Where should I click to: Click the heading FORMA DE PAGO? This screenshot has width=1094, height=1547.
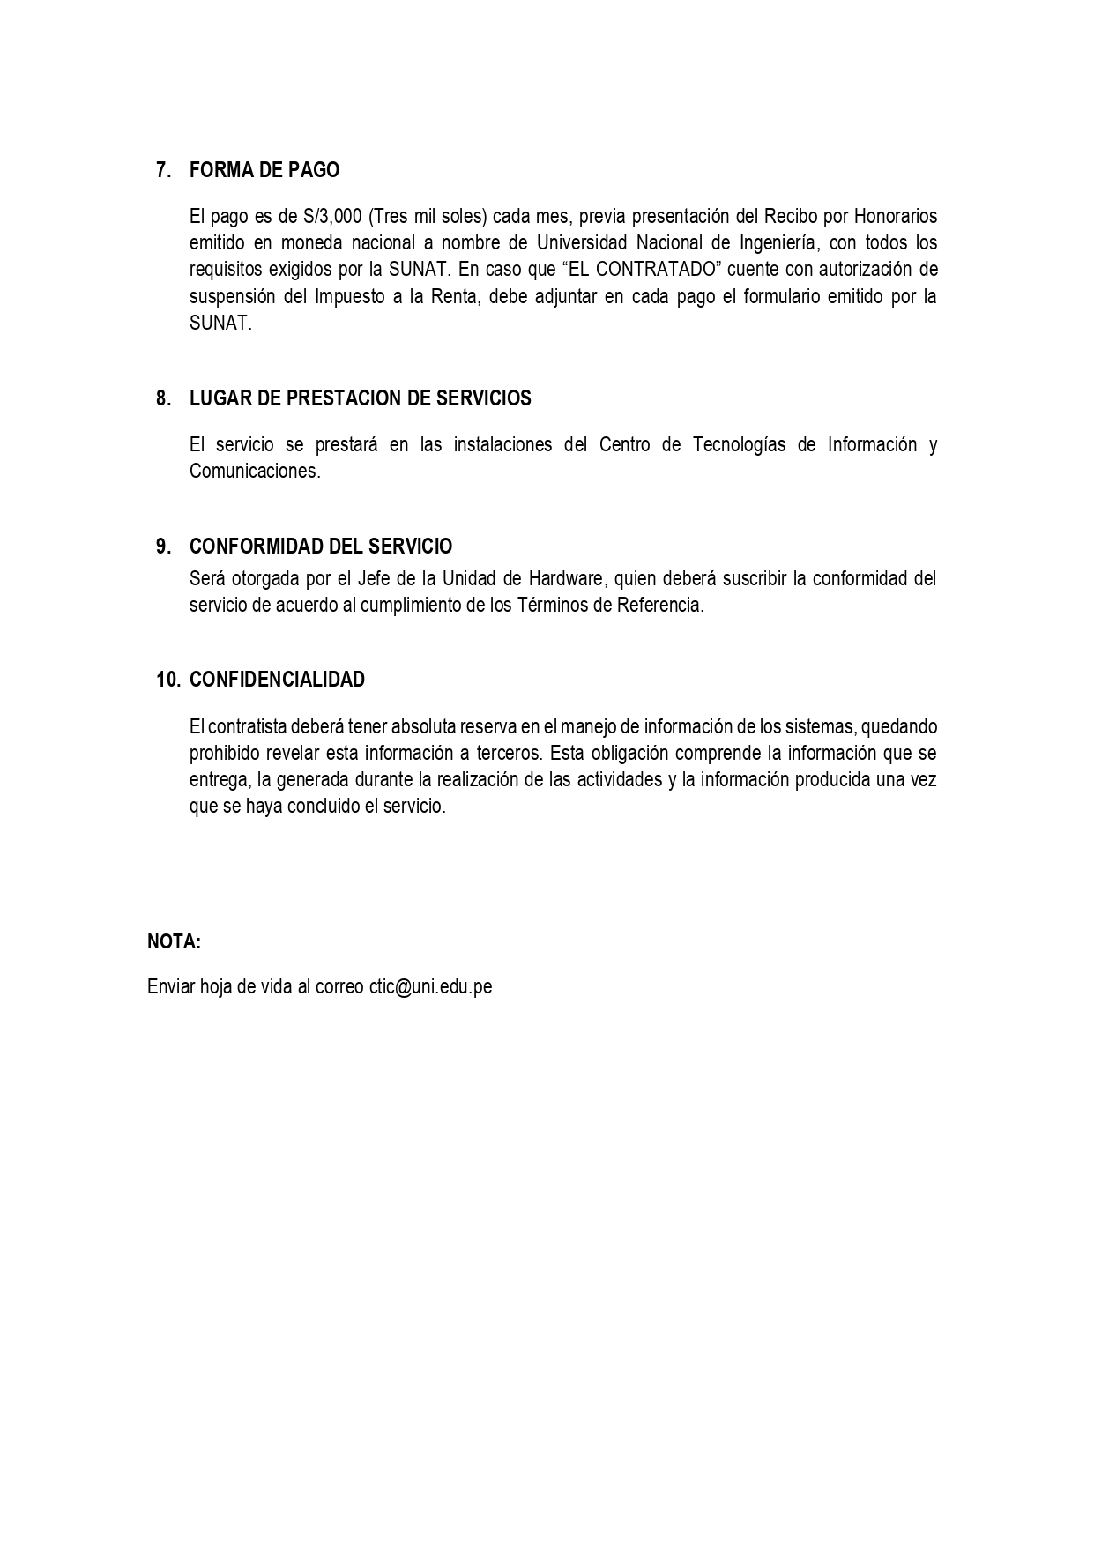click(x=264, y=170)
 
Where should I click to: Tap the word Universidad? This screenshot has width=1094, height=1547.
click(x=581, y=242)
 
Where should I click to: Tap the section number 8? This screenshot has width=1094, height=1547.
click(x=163, y=398)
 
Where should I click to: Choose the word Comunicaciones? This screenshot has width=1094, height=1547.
click(x=254, y=471)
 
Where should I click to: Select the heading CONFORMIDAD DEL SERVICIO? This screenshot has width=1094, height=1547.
click(x=321, y=547)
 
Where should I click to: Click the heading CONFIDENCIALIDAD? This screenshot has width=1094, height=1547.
click(x=277, y=680)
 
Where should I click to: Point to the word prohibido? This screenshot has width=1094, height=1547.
click(x=227, y=754)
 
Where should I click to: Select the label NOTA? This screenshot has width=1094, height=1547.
click(x=174, y=941)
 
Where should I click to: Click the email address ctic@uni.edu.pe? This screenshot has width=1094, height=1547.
click(x=430, y=987)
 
